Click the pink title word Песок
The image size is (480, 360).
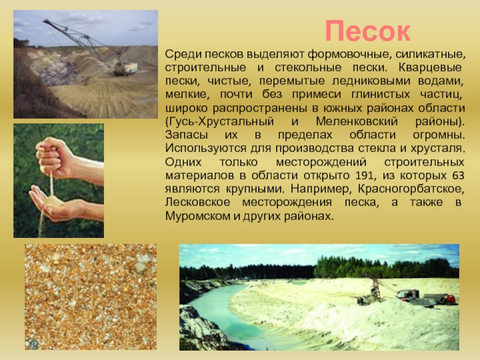pyautogui.click(x=367, y=31)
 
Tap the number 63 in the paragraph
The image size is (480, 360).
pyautogui.click(x=458, y=175)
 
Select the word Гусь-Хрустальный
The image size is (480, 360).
pyautogui.click(x=220, y=122)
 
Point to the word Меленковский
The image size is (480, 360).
pyautogui.click(x=357, y=122)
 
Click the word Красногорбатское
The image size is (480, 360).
pyautogui.click(x=412, y=189)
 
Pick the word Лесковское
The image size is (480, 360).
pyautogui.click(x=198, y=202)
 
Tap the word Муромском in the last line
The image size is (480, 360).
pyautogui.click(x=198, y=216)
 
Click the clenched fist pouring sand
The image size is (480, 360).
pyautogui.click(x=54, y=158)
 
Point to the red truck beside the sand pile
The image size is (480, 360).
pyautogui.click(x=408, y=295)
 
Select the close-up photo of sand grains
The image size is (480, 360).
pyautogui.click(x=91, y=297)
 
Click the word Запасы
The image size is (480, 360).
pyautogui.click(x=187, y=135)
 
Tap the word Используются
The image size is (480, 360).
pyautogui.click(x=206, y=148)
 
